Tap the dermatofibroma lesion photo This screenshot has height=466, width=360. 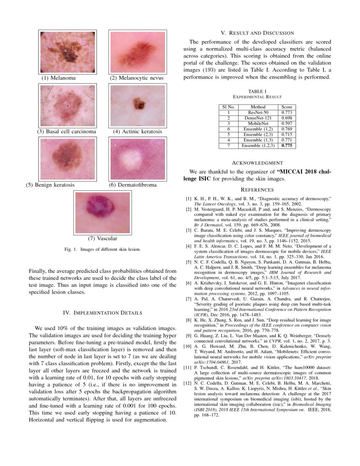point(136,159)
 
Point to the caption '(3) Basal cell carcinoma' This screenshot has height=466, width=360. point(66,132)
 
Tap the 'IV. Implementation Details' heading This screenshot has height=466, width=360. point(103,313)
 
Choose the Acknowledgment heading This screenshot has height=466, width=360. point(257,163)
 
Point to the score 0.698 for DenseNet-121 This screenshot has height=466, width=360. point(287,118)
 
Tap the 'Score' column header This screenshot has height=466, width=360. point(287,107)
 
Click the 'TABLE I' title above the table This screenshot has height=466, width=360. point(257,92)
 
